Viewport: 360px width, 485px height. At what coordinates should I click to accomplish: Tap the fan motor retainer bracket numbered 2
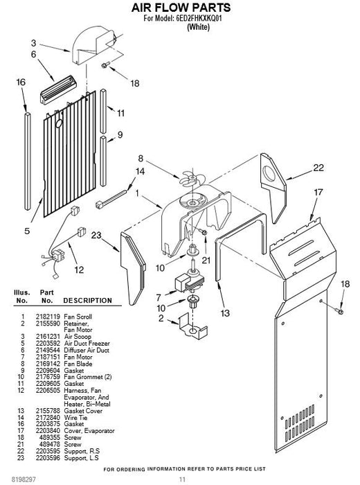pyautogui.click(x=193, y=326)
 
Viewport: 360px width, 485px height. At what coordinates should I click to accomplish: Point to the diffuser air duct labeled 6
pyautogui.click(x=58, y=89)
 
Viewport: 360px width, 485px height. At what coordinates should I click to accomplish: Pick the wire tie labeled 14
pyautogui.click(x=111, y=199)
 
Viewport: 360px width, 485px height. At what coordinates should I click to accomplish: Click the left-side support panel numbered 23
pyautogui.click(x=132, y=267)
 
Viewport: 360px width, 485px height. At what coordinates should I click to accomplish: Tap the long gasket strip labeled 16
pyautogui.click(x=28, y=161)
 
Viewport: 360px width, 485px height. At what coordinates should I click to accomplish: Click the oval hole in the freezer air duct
pyautogui.click(x=59, y=123)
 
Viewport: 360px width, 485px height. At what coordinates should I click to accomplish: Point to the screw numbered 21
pyautogui.click(x=203, y=231)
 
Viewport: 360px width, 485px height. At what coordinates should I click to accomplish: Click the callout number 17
pyautogui.click(x=318, y=192)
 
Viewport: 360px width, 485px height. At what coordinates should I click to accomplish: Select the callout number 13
pyautogui.click(x=225, y=313)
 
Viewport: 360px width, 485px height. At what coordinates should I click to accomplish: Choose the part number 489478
pyautogui.click(x=50, y=445)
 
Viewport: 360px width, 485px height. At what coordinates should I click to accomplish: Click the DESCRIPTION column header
pyautogui.click(x=87, y=301)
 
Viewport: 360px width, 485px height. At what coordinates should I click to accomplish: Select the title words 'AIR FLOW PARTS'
pyautogui.click(x=181, y=8)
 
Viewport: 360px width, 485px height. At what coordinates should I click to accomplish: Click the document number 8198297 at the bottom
pyautogui.click(x=24, y=479)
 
